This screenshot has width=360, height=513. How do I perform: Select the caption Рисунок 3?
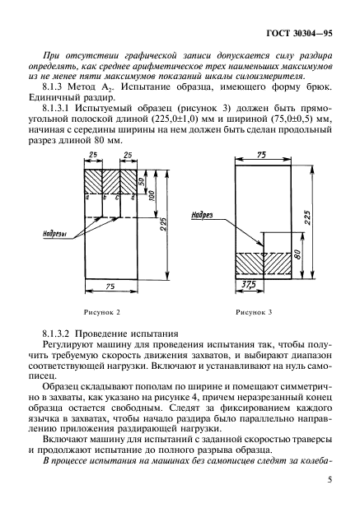coord(254,313)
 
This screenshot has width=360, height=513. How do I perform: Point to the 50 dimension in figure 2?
coord(141,180)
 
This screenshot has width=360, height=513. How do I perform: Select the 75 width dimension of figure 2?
coord(110,285)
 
